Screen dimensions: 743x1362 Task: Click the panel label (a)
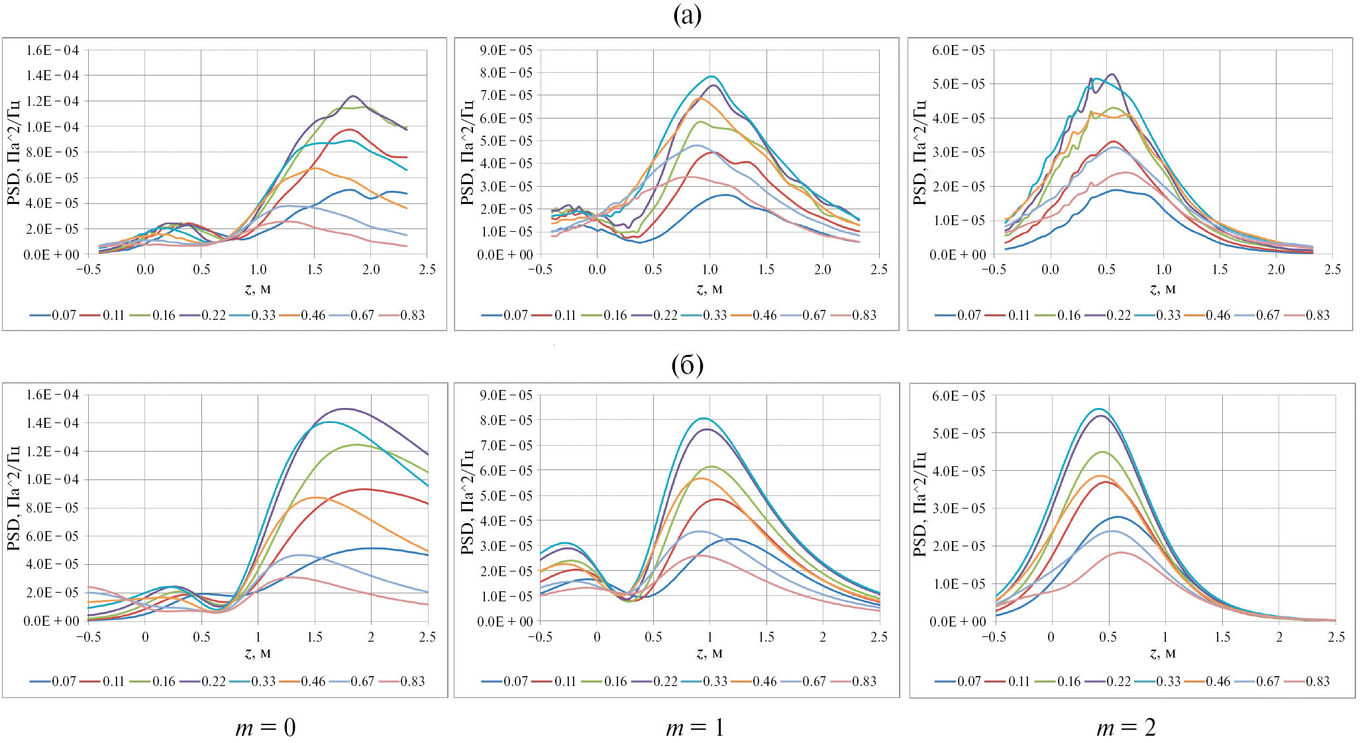[x=686, y=15]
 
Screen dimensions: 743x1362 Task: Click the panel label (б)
[x=686, y=364]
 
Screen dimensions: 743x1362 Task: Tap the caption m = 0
[x=265, y=727]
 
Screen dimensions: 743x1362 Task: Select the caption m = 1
[x=694, y=727]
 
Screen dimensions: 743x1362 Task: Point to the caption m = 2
[x=1126, y=727]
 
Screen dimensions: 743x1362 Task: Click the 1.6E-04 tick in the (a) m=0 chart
[x=52, y=50]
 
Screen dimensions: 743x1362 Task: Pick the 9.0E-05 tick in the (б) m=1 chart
[x=505, y=395]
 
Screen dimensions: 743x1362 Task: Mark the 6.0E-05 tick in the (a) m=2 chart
[x=958, y=50]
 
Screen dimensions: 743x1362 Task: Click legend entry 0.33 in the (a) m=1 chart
[x=715, y=315]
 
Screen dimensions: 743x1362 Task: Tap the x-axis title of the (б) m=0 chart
[x=258, y=654]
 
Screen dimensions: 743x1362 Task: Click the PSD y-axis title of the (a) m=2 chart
[x=919, y=152]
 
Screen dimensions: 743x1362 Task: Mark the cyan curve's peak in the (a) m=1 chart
[x=712, y=76]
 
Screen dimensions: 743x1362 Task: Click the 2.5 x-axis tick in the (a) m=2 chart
[x=1332, y=270]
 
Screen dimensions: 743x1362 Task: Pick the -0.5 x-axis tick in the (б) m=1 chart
[x=540, y=637]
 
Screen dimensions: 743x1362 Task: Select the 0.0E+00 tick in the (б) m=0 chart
[x=52, y=621]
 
